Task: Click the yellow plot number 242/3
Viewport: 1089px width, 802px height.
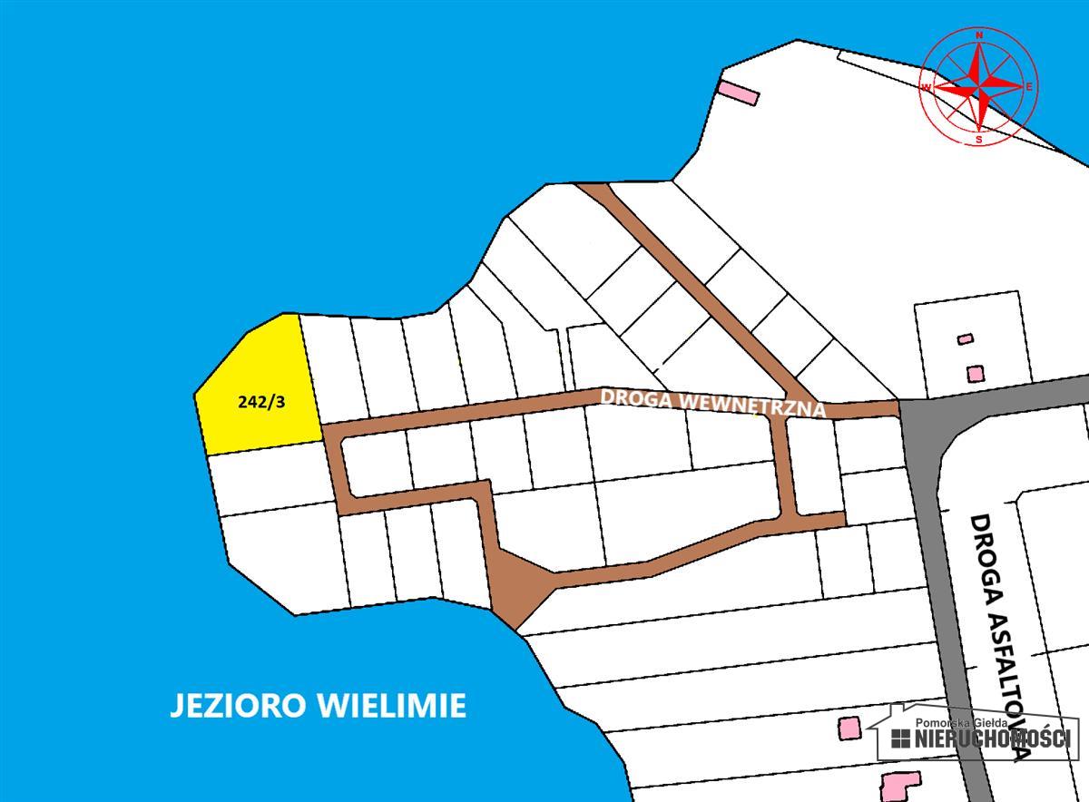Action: click(x=261, y=401)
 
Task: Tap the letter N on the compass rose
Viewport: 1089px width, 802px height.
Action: click(x=979, y=35)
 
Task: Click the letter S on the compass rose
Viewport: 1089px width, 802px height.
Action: click(x=978, y=140)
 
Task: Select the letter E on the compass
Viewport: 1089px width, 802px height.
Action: click(x=1030, y=87)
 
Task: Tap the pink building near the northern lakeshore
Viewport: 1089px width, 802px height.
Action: click(x=738, y=92)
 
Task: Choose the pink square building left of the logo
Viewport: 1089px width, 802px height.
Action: click(x=849, y=728)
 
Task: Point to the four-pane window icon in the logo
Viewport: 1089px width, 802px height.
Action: click(x=900, y=738)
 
